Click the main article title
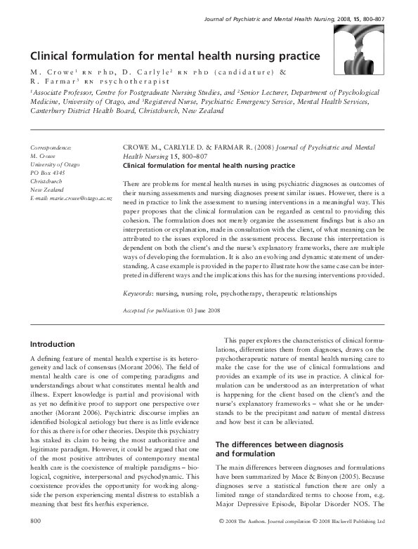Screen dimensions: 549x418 (x=175, y=55)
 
